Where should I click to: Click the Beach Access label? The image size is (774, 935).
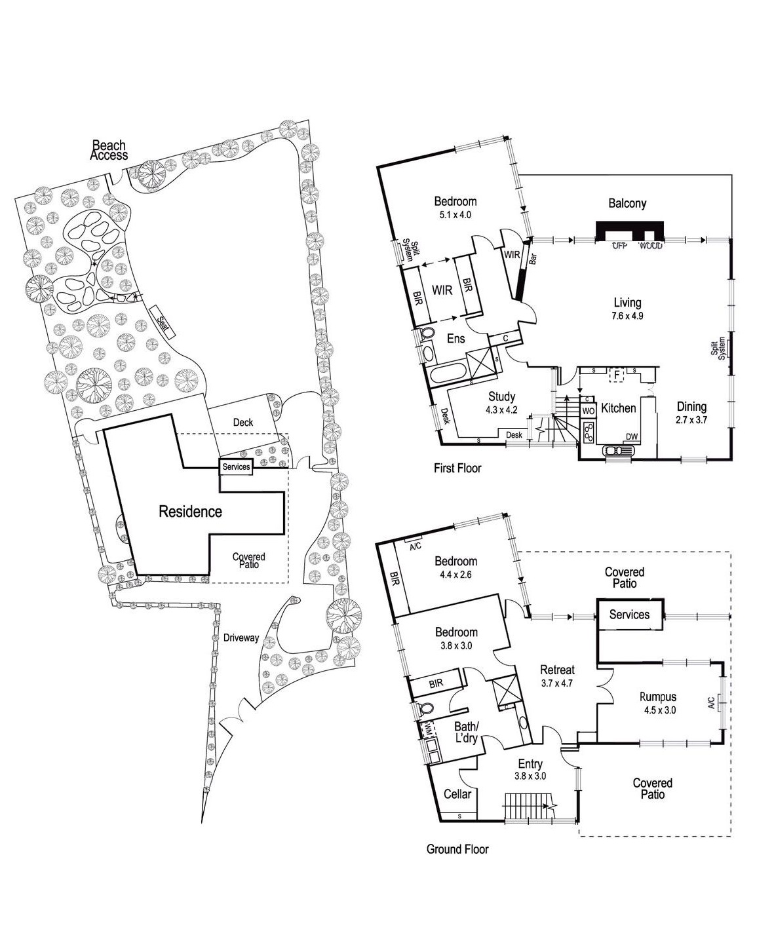[109, 150]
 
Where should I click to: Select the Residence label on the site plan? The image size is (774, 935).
[190, 512]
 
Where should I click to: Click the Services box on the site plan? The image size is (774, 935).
[236, 467]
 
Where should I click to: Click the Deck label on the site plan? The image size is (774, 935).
[242, 423]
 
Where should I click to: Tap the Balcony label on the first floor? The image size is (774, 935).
[627, 204]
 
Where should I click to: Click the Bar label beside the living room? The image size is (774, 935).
[533, 259]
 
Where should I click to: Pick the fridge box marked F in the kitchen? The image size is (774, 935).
[615, 375]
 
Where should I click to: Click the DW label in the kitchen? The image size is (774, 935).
[632, 437]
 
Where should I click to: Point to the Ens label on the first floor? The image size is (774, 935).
[455, 339]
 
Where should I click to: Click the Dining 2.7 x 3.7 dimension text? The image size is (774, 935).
[691, 419]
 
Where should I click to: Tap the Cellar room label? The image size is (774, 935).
[457, 794]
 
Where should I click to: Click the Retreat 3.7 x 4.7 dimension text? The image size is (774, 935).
[557, 682]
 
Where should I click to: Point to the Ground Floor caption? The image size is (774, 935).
[457, 849]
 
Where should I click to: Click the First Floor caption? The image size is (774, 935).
[457, 468]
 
